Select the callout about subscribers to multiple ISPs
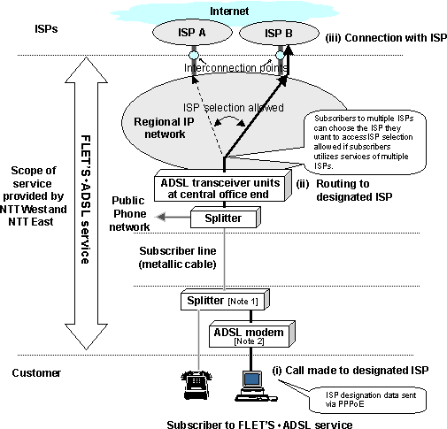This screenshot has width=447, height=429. point(376,140)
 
